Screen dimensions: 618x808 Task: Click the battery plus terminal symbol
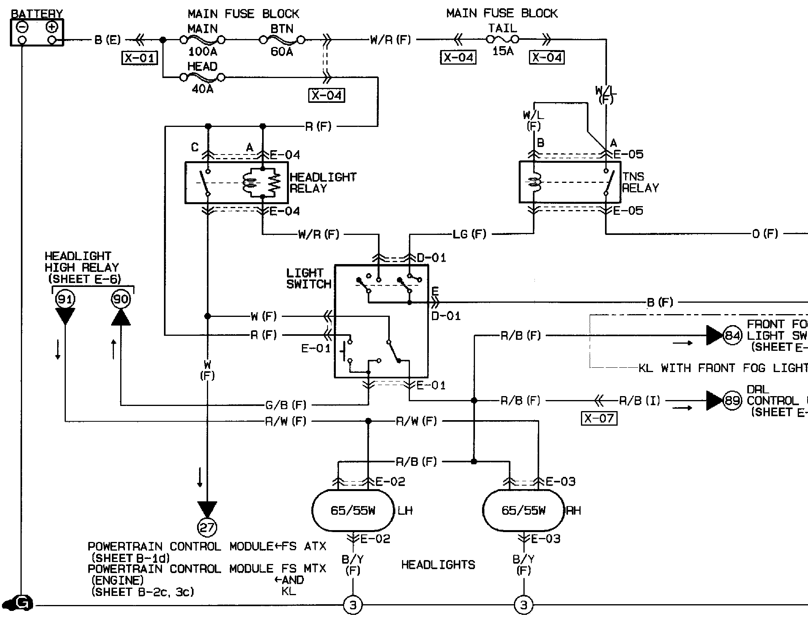[x=52, y=27]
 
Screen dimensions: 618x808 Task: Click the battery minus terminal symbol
[x=22, y=27]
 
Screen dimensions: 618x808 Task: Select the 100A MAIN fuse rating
[x=203, y=52]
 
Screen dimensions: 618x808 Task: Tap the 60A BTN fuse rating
[x=282, y=52]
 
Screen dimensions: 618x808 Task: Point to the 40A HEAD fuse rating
[x=203, y=89]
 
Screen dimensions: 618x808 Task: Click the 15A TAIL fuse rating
[x=503, y=51]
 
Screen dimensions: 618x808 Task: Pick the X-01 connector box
[x=140, y=58]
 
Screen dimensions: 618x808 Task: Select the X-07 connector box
[x=599, y=418]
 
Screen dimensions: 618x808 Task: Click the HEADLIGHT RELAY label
[x=323, y=182]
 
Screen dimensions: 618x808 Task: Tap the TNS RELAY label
[x=640, y=182]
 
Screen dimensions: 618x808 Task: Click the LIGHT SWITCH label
[x=309, y=278]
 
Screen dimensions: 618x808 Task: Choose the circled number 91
[x=65, y=299]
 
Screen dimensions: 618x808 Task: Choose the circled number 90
[x=121, y=299]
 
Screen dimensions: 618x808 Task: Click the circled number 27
[x=207, y=527]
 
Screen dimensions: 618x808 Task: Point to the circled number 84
[x=732, y=335]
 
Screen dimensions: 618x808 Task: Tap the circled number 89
[x=732, y=400]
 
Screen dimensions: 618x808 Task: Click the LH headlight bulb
[x=353, y=511]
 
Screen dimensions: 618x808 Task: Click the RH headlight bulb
[x=524, y=511]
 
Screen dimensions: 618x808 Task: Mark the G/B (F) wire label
[x=286, y=405]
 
